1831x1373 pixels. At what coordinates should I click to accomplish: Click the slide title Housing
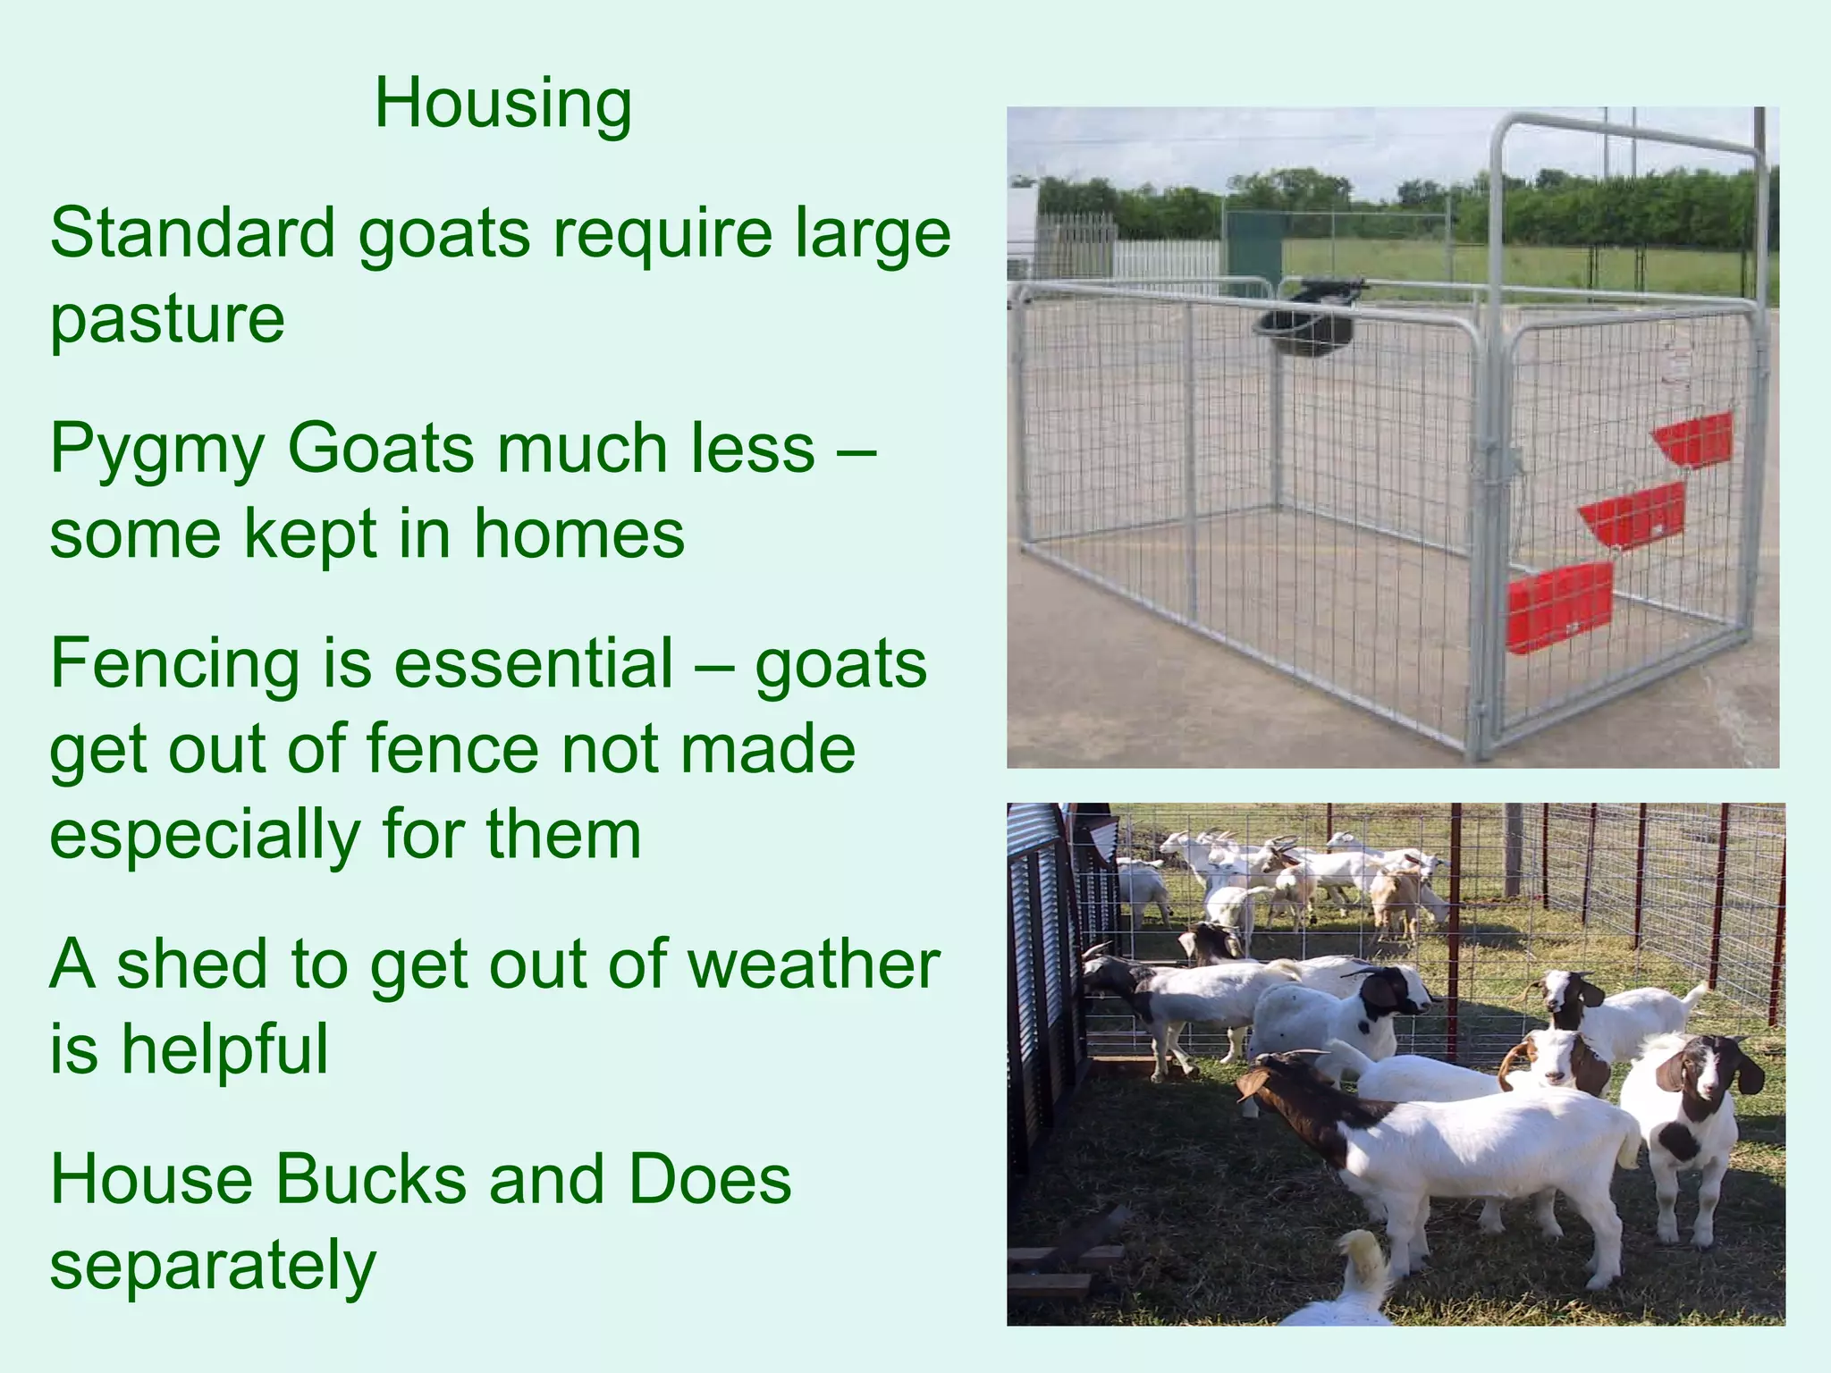pos(503,105)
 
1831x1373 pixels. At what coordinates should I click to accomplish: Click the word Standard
pos(192,233)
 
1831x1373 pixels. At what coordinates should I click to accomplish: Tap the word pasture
pos(167,319)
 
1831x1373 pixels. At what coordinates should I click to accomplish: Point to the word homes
pos(578,534)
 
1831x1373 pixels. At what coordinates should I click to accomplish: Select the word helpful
pos(225,1049)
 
